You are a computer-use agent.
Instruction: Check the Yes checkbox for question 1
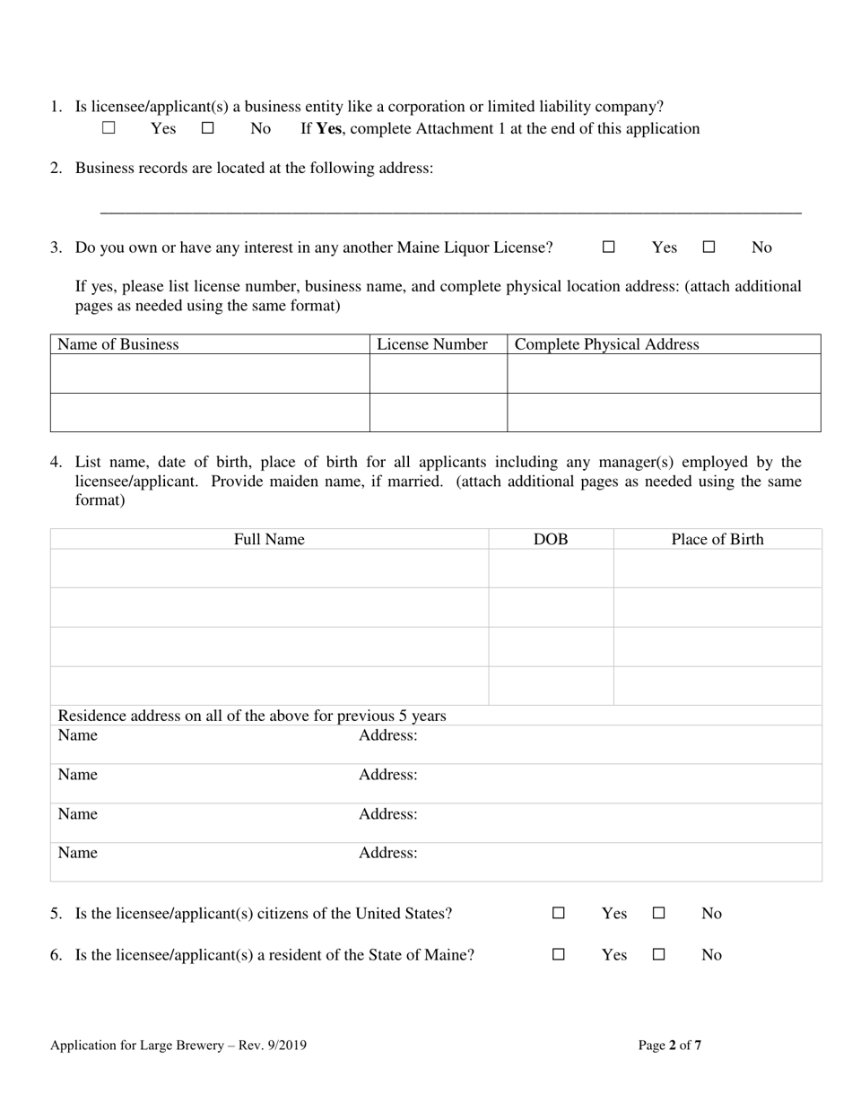[109, 128]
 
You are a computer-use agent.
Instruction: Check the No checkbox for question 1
[208, 128]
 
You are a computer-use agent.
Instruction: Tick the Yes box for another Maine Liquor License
[609, 248]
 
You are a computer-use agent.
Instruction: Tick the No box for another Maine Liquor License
[709, 248]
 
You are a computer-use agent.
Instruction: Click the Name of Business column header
[118, 344]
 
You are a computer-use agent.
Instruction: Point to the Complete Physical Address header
[607, 344]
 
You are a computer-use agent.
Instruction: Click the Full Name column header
[269, 539]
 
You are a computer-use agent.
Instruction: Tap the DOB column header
[551, 539]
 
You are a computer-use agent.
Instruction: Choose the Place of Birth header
[717, 539]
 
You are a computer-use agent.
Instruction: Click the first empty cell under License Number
[439, 373]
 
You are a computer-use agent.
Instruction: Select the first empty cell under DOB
[551, 569]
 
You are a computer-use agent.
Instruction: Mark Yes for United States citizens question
[559, 914]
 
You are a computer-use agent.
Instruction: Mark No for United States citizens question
[658, 914]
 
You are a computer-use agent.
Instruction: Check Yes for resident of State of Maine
[559, 955]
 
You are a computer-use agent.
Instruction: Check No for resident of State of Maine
[658, 955]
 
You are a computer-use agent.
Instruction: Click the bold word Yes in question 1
[329, 128]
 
